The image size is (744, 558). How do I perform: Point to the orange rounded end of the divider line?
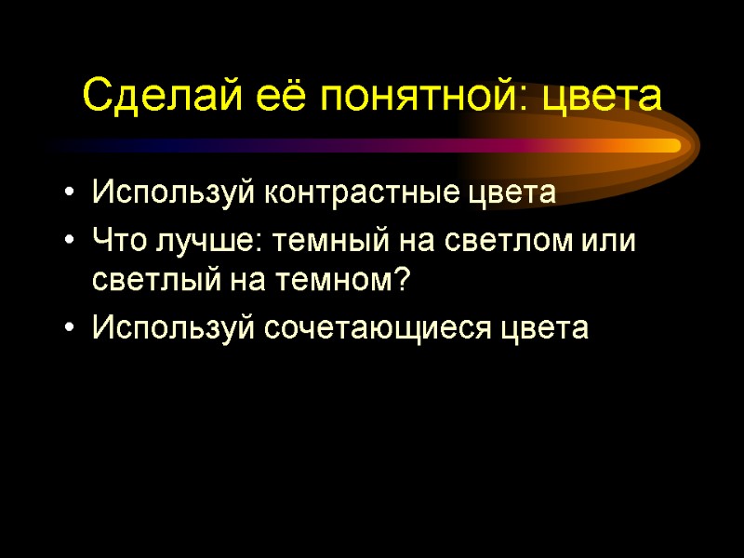(x=671, y=145)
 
